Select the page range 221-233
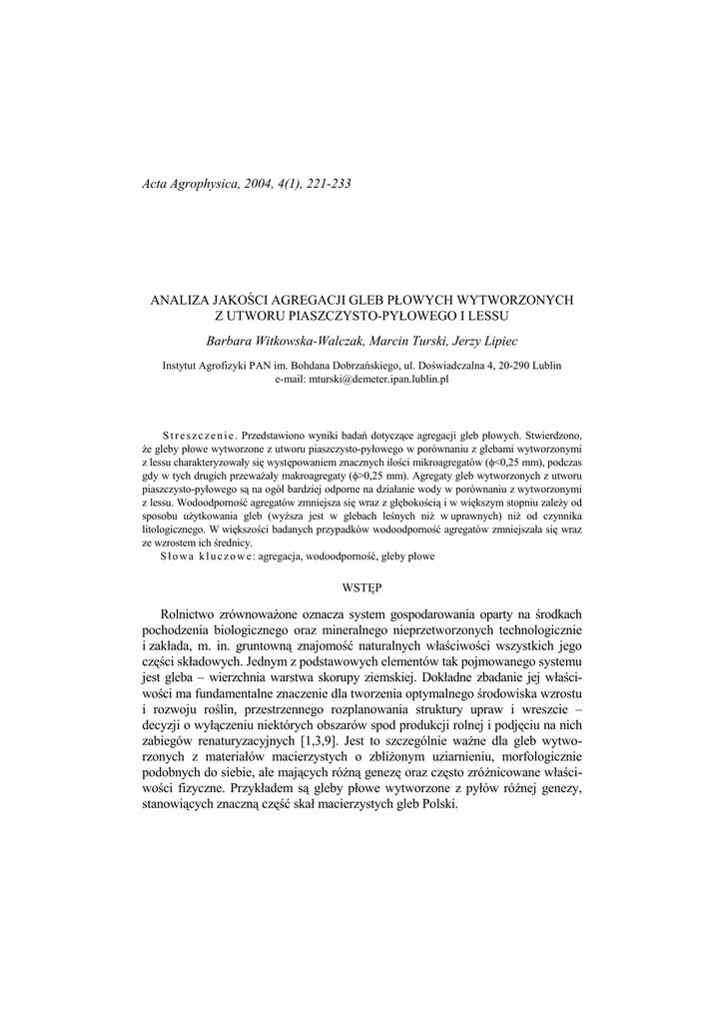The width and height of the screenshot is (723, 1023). click(323, 184)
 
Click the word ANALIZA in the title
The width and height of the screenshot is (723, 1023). click(180, 299)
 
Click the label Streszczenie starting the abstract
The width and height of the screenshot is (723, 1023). click(199, 437)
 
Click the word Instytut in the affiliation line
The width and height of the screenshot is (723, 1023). click(183, 366)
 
